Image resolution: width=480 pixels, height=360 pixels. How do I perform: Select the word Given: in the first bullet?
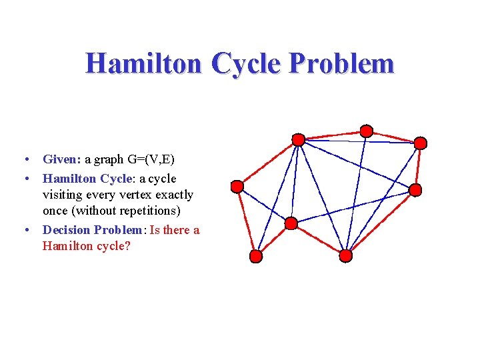coord(62,159)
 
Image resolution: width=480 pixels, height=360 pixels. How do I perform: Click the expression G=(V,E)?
coord(151,159)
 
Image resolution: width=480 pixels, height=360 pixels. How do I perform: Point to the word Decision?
coord(67,230)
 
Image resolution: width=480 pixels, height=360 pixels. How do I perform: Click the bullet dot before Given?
coord(25,160)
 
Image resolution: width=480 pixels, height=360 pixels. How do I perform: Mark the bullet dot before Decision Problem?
coord(25,231)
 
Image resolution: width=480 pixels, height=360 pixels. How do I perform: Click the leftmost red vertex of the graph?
coord(237,186)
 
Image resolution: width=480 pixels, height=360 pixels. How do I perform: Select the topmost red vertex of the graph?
coord(366,131)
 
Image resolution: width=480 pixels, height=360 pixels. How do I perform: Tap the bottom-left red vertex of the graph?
coord(256,256)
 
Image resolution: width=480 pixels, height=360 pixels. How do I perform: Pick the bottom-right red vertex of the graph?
coord(345,255)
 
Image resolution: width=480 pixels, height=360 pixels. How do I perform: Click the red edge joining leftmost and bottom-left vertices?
coord(246,221)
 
